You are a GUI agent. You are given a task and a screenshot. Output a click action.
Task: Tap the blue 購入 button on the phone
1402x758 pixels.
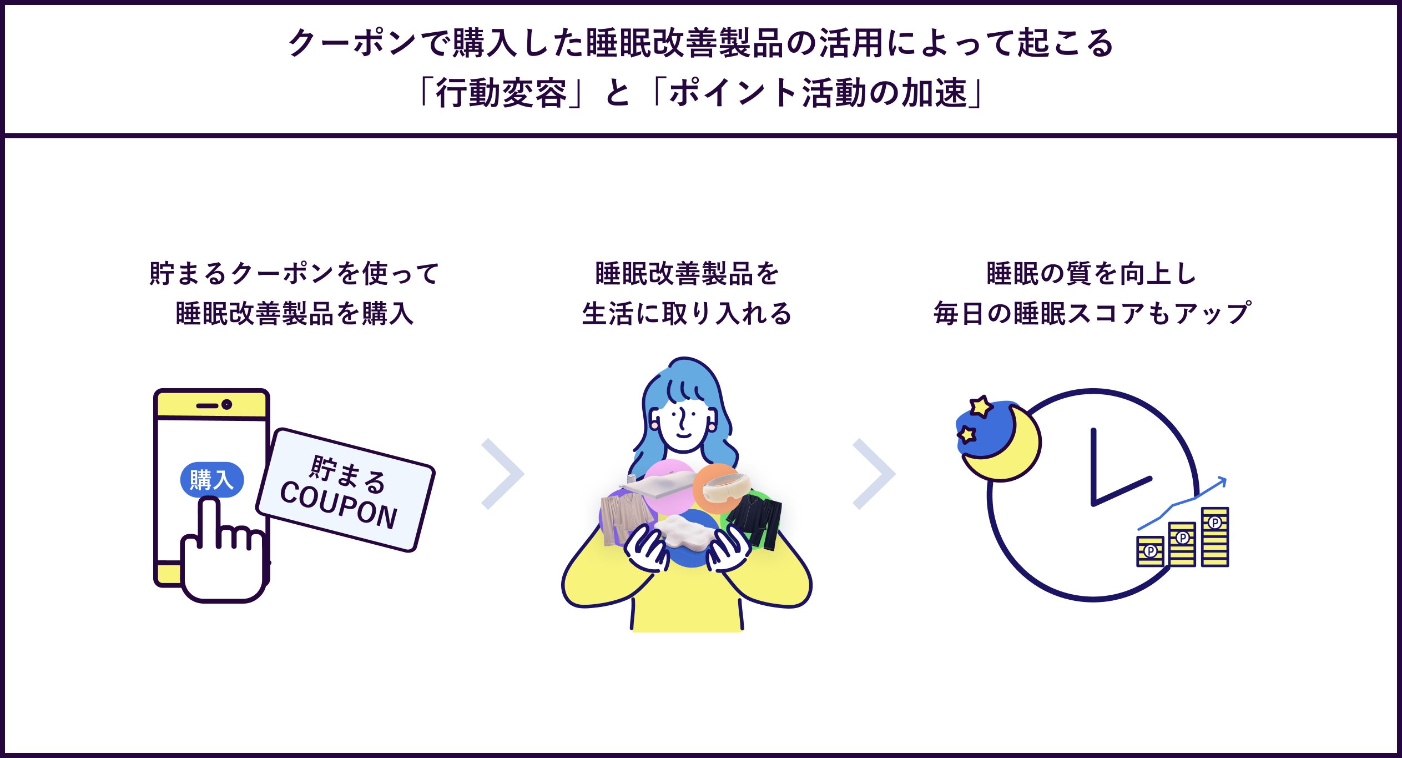click(211, 480)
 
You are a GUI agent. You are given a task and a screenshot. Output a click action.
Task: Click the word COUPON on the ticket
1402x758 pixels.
click(339, 505)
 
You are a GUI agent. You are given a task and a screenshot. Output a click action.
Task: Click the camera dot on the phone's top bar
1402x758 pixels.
click(226, 405)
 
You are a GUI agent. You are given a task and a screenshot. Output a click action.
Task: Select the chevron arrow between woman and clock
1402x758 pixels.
click(874, 474)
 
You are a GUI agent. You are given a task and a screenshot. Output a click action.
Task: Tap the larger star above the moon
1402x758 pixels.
click(981, 406)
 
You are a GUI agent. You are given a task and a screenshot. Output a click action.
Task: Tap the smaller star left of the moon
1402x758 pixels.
click(967, 434)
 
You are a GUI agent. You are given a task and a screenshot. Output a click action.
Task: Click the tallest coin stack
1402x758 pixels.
click(1215, 537)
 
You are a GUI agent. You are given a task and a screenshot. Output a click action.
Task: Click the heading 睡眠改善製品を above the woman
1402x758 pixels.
click(687, 274)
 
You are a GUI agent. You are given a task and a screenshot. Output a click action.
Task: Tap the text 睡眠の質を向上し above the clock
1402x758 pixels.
click(1092, 274)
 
